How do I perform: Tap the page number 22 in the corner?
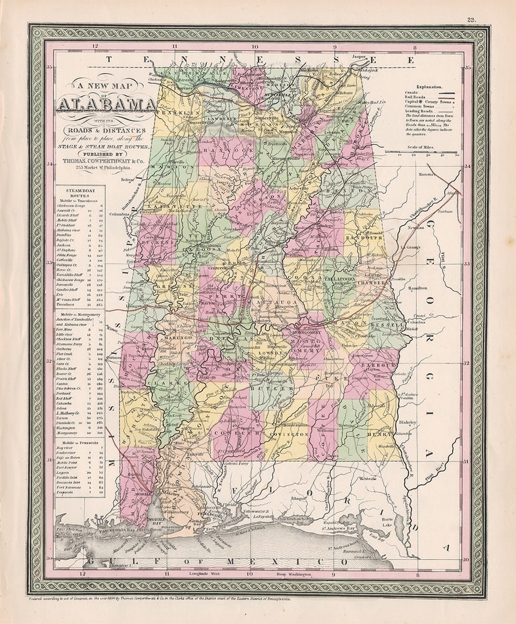click(471, 20)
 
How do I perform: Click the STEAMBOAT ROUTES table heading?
click(74, 193)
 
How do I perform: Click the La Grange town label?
click(411, 247)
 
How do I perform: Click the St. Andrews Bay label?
click(339, 528)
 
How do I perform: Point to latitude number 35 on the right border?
click(468, 68)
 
